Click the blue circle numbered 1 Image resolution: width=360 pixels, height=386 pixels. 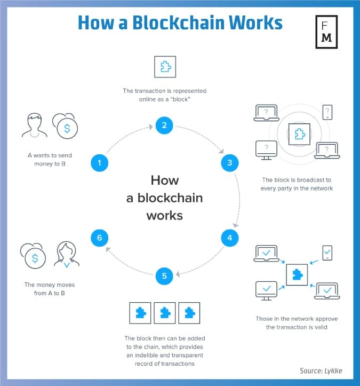coord(100,162)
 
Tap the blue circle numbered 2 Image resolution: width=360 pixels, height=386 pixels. coord(164,126)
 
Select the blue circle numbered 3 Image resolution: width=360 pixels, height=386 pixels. coord(229,162)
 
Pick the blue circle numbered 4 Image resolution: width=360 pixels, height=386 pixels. coord(229,238)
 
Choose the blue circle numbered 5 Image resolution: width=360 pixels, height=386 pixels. coord(164,275)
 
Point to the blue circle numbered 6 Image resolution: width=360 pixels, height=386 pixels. coord(100,238)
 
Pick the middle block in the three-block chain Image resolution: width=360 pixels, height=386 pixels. coord(164,313)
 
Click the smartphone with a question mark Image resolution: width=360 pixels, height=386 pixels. coord(327,113)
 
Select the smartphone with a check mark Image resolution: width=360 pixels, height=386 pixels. coord(327,253)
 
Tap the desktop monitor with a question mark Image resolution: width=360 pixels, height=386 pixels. coord(266,149)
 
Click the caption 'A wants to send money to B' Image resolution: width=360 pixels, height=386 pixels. coord(50,159)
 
